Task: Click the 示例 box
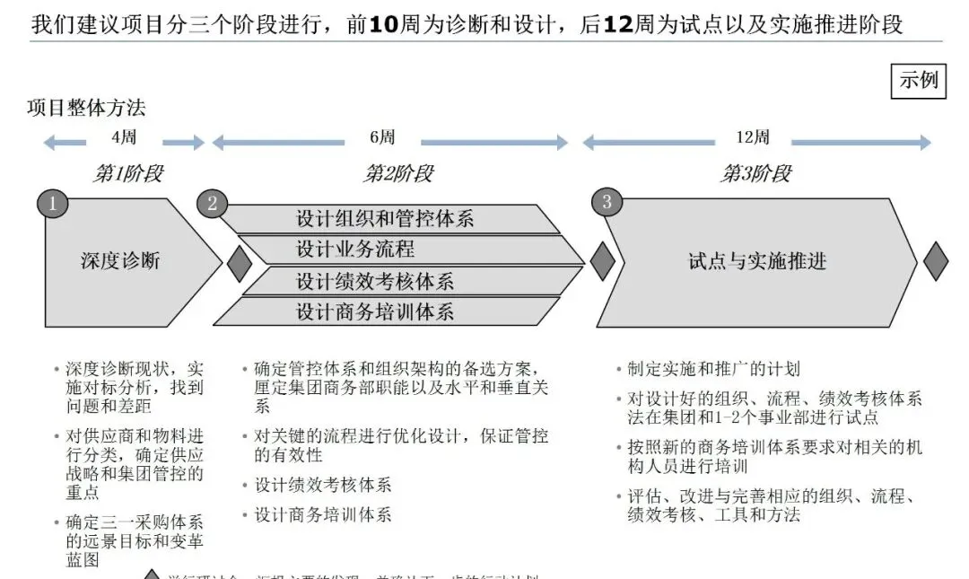click(919, 80)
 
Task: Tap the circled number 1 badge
click(52, 203)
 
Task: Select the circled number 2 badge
click(212, 203)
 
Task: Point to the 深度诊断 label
click(120, 261)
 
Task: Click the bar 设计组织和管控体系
click(386, 218)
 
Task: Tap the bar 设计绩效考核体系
click(375, 281)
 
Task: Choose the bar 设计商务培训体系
click(375, 311)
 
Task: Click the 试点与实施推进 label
click(757, 261)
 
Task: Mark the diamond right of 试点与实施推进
click(936, 261)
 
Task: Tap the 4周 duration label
click(124, 138)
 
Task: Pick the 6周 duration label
click(382, 138)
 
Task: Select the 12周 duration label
click(752, 138)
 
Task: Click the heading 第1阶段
click(128, 173)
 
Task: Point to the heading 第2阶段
click(397, 173)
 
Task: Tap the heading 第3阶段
click(756, 173)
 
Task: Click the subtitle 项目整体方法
click(86, 109)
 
